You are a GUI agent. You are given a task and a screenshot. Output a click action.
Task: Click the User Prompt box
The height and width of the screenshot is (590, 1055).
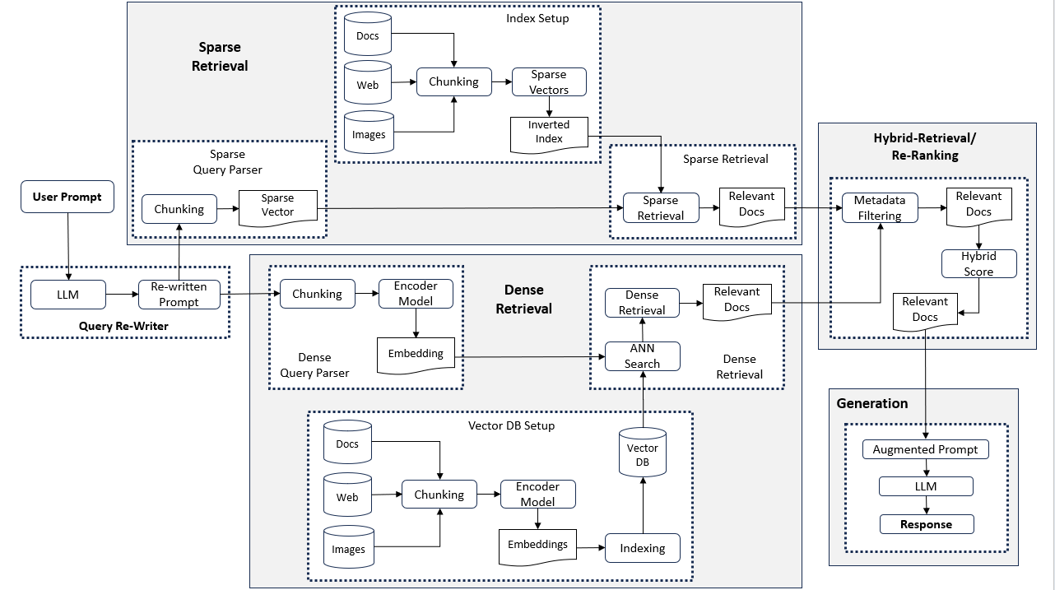tap(67, 197)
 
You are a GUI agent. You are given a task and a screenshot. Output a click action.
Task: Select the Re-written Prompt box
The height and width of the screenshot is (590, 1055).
tap(179, 295)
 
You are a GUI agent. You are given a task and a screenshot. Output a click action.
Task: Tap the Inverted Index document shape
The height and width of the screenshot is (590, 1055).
tap(549, 135)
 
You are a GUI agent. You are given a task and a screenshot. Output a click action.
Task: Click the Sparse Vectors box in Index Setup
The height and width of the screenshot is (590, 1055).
tap(549, 82)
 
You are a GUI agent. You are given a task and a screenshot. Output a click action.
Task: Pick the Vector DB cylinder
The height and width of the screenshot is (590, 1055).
tap(643, 452)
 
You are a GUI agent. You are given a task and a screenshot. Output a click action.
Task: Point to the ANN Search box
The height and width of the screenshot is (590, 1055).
tap(643, 356)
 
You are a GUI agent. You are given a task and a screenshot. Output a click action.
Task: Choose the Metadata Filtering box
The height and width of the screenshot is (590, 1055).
tap(880, 207)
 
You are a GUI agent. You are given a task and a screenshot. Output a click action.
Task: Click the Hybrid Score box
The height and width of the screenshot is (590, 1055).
tap(978, 263)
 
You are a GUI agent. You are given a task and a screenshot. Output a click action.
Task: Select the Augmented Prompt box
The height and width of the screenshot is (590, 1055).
tap(926, 449)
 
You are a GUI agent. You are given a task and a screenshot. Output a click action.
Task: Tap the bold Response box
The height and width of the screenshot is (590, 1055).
tap(927, 524)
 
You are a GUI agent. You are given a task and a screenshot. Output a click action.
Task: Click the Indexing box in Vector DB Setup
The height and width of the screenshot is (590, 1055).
tap(643, 548)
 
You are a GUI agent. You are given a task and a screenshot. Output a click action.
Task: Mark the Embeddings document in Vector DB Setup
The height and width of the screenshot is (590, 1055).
tap(537, 546)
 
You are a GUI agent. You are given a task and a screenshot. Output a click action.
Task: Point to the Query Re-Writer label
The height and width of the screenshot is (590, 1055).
tap(123, 326)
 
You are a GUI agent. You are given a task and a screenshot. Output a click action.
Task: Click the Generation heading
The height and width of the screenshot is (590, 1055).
tap(872, 403)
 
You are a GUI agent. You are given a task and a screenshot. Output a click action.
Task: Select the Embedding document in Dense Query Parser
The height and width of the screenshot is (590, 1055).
tap(416, 355)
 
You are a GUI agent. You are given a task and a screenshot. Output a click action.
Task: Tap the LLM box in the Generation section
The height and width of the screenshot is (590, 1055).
tap(926, 486)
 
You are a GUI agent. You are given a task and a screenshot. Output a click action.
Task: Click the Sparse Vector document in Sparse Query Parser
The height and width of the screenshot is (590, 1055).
tap(278, 207)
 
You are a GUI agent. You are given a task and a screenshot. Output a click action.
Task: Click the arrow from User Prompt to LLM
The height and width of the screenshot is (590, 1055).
tap(67, 246)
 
